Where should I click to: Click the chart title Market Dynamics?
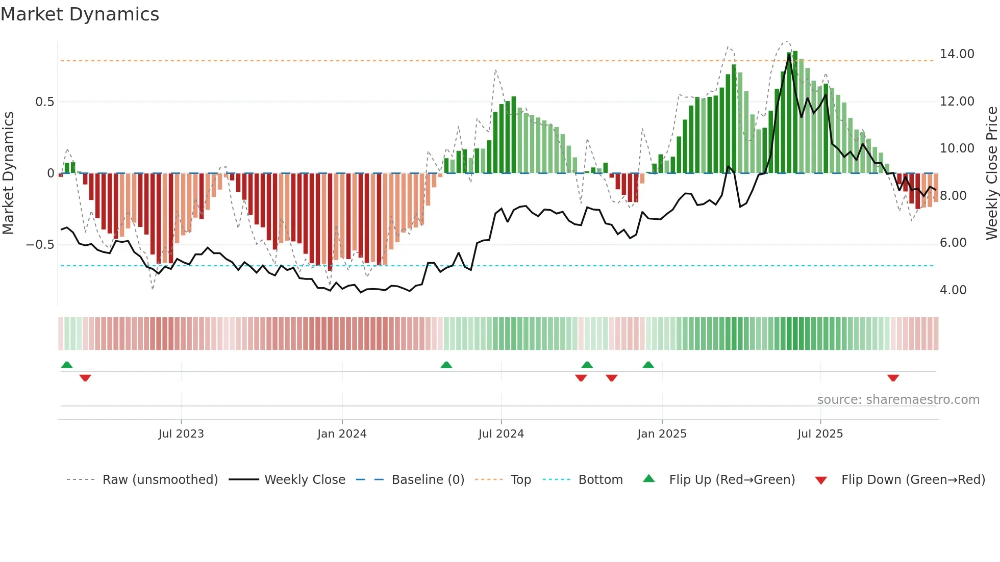[x=80, y=14]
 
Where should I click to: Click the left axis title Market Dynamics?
[x=8, y=173]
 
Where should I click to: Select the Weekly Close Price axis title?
[x=991, y=173]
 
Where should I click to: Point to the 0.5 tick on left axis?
[x=44, y=102]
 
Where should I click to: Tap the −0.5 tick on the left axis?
[x=40, y=245]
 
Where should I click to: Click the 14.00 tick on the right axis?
[x=957, y=54]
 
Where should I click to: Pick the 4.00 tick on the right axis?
[x=953, y=290]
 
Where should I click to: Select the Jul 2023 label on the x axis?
[x=181, y=434]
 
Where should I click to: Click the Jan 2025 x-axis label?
[x=662, y=434]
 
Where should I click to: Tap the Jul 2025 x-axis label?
[x=820, y=434]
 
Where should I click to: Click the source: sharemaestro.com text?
[x=898, y=400]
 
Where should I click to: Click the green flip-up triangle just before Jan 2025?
[x=648, y=365]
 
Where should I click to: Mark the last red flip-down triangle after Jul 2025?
[x=893, y=378]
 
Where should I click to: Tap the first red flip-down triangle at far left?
[x=85, y=378]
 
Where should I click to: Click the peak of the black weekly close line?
[x=789, y=55]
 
